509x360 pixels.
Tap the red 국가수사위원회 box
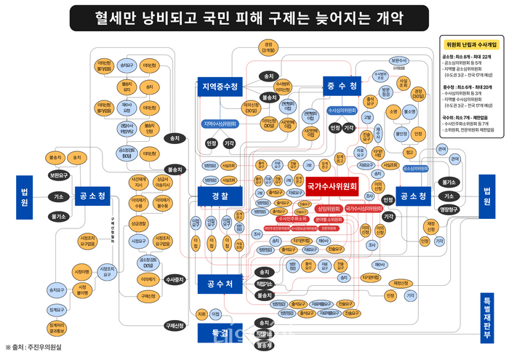[332, 187]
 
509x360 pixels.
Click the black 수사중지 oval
[174, 279]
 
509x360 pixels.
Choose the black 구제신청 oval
[173, 325]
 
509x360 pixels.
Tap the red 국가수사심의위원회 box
[363, 209]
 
